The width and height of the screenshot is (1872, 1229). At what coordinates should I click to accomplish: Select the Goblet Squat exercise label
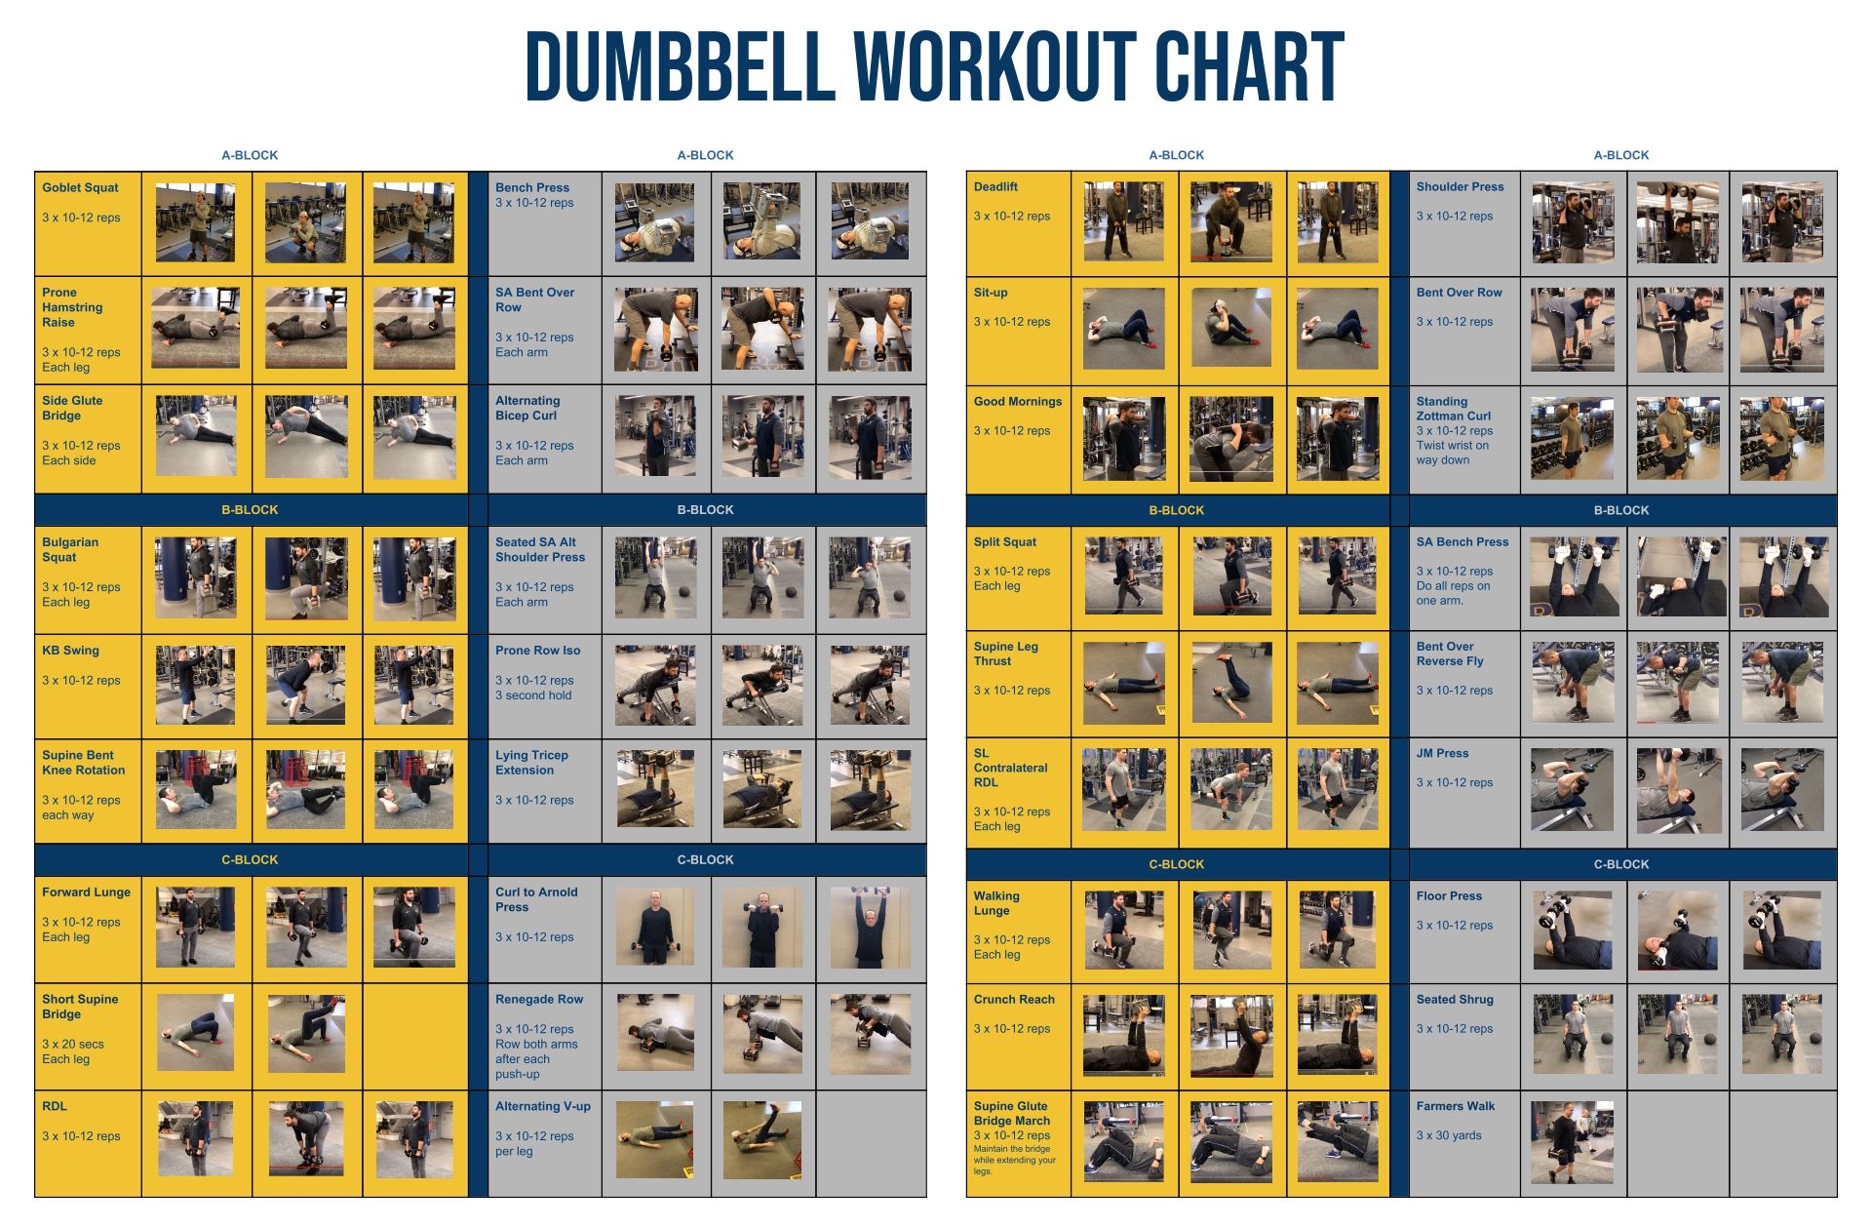[80, 187]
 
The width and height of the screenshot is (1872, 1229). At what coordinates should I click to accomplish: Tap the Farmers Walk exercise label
[1455, 1106]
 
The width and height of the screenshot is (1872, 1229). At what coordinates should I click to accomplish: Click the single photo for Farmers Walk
[1572, 1142]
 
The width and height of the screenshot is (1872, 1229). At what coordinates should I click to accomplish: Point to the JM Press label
[1442, 753]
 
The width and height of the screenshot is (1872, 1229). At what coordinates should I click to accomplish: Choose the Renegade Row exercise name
[538, 999]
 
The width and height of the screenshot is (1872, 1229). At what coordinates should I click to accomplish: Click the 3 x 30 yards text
[1448, 1135]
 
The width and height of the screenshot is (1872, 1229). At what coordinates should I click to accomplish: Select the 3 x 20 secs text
[72, 1044]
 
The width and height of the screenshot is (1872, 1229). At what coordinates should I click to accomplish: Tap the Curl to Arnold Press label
[535, 899]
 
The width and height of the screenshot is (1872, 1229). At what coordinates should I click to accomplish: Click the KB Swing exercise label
[70, 650]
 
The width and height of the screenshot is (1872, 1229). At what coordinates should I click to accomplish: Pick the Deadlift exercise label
[995, 186]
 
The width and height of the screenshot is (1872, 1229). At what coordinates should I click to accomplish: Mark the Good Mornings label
[1017, 401]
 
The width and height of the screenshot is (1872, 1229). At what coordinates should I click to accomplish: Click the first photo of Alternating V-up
[654, 1140]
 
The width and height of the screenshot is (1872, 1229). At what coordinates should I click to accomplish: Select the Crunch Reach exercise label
[1014, 999]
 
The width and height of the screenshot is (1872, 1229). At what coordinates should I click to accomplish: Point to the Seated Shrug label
[1454, 999]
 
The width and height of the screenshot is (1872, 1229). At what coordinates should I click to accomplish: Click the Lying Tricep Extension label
[530, 762]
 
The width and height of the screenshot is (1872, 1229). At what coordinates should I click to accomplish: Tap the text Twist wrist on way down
[1452, 453]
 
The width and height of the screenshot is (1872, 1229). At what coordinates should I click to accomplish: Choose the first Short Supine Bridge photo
[195, 1033]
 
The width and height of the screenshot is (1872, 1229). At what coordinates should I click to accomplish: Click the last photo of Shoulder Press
[1781, 222]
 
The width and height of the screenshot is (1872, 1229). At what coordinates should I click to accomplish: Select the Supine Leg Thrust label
[1005, 654]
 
